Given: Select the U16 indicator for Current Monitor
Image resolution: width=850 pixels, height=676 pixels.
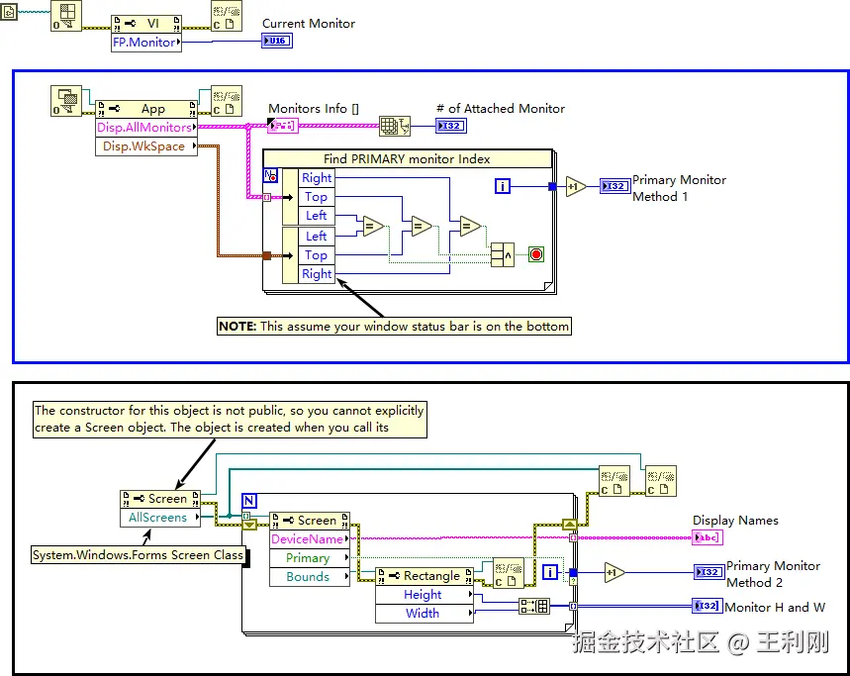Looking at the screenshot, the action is (x=277, y=41).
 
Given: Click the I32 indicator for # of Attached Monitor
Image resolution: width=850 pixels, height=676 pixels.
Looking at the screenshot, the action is (x=451, y=126).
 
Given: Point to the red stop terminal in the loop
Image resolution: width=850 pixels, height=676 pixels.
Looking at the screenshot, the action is (x=536, y=254).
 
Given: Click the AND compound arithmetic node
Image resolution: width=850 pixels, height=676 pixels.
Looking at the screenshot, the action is (x=503, y=254).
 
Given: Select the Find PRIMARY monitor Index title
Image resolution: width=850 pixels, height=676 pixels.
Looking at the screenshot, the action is (x=407, y=158).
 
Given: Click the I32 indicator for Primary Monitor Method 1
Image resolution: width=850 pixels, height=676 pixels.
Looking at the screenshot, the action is (x=615, y=186).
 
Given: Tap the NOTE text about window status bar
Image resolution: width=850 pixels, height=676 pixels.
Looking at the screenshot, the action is (x=394, y=327).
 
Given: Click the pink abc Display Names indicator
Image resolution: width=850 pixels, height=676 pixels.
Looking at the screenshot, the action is (x=708, y=537).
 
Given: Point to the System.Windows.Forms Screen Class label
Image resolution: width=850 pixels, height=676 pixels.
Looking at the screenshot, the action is (x=139, y=555).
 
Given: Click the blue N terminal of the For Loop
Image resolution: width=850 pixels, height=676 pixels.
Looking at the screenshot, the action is (x=248, y=501).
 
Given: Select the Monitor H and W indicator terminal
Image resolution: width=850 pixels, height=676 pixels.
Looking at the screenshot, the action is (x=708, y=606).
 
